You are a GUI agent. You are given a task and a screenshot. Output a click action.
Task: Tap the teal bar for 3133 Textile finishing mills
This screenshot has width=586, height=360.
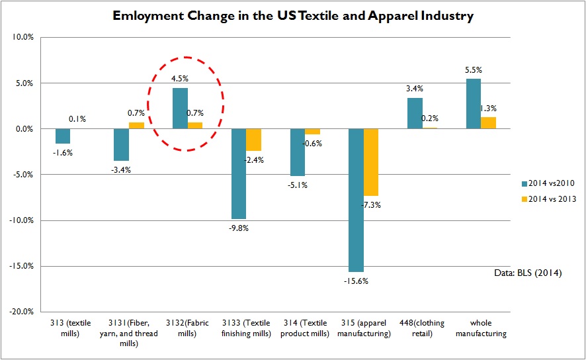click(238, 173)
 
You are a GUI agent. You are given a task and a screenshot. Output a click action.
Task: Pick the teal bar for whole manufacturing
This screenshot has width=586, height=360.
click(474, 103)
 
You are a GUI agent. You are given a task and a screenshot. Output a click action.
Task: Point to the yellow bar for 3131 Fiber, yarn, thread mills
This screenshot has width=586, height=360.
click(136, 125)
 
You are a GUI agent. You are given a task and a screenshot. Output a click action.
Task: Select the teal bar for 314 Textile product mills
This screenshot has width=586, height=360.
click(298, 152)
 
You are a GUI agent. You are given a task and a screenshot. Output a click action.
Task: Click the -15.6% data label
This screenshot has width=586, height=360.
click(356, 280)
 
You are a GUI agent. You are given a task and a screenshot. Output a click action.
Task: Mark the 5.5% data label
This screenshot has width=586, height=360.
click(474, 70)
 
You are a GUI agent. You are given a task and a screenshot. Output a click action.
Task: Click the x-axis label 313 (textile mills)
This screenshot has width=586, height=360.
click(62, 328)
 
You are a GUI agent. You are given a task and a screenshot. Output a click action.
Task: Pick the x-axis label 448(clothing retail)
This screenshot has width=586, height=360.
click(415, 328)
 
